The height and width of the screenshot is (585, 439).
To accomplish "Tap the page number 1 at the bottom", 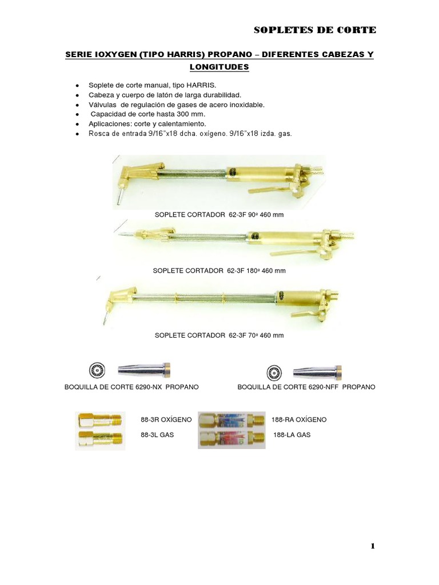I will (x=373, y=546).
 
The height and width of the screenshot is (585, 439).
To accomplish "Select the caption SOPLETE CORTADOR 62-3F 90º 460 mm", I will (x=219, y=215).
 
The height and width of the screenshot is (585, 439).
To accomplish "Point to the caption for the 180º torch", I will (x=219, y=270).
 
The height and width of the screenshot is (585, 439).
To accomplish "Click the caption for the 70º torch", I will (x=219, y=335).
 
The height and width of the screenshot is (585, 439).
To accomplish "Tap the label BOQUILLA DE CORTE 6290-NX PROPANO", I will (x=131, y=387).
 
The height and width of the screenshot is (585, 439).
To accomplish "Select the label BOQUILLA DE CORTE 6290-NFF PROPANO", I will (x=306, y=387).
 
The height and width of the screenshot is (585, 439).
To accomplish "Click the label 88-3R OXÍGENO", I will (x=166, y=419).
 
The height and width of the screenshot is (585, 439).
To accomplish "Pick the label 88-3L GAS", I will (x=157, y=435).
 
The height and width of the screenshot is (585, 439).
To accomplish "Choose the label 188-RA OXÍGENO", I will (x=300, y=419).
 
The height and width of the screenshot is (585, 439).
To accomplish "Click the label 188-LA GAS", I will (x=292, y=435).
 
